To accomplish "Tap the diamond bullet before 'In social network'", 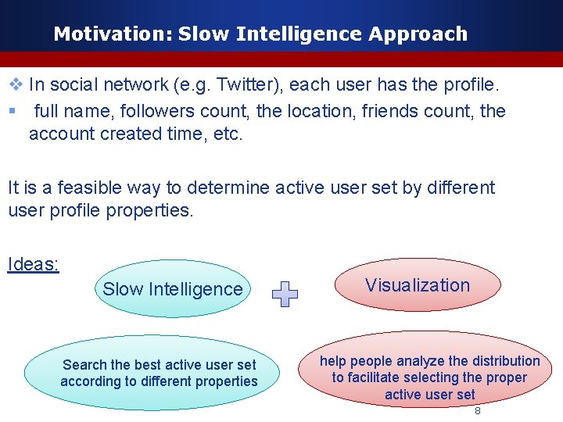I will tap(15, 84).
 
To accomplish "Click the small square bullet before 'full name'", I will tap(13, 111).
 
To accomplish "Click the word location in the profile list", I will tap(321, 111).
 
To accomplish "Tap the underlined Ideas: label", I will tap(33, 264).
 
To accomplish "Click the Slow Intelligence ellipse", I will tap(173, 289).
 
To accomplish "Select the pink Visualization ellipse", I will tap(418, 285).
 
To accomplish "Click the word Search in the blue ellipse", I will tap(84, 365).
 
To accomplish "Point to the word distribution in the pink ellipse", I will tap(500, 361).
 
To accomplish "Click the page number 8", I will tap(478, 410).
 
